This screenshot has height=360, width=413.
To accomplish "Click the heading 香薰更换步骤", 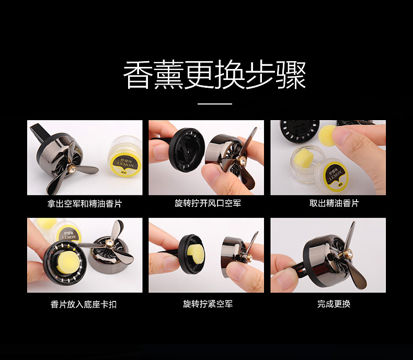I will tap(214, 76).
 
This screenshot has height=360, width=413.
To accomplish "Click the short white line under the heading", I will tap(215, 104).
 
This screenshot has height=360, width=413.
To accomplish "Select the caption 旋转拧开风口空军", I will tap(208, 203).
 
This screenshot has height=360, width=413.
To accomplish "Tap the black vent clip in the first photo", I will tap(41, 137).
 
